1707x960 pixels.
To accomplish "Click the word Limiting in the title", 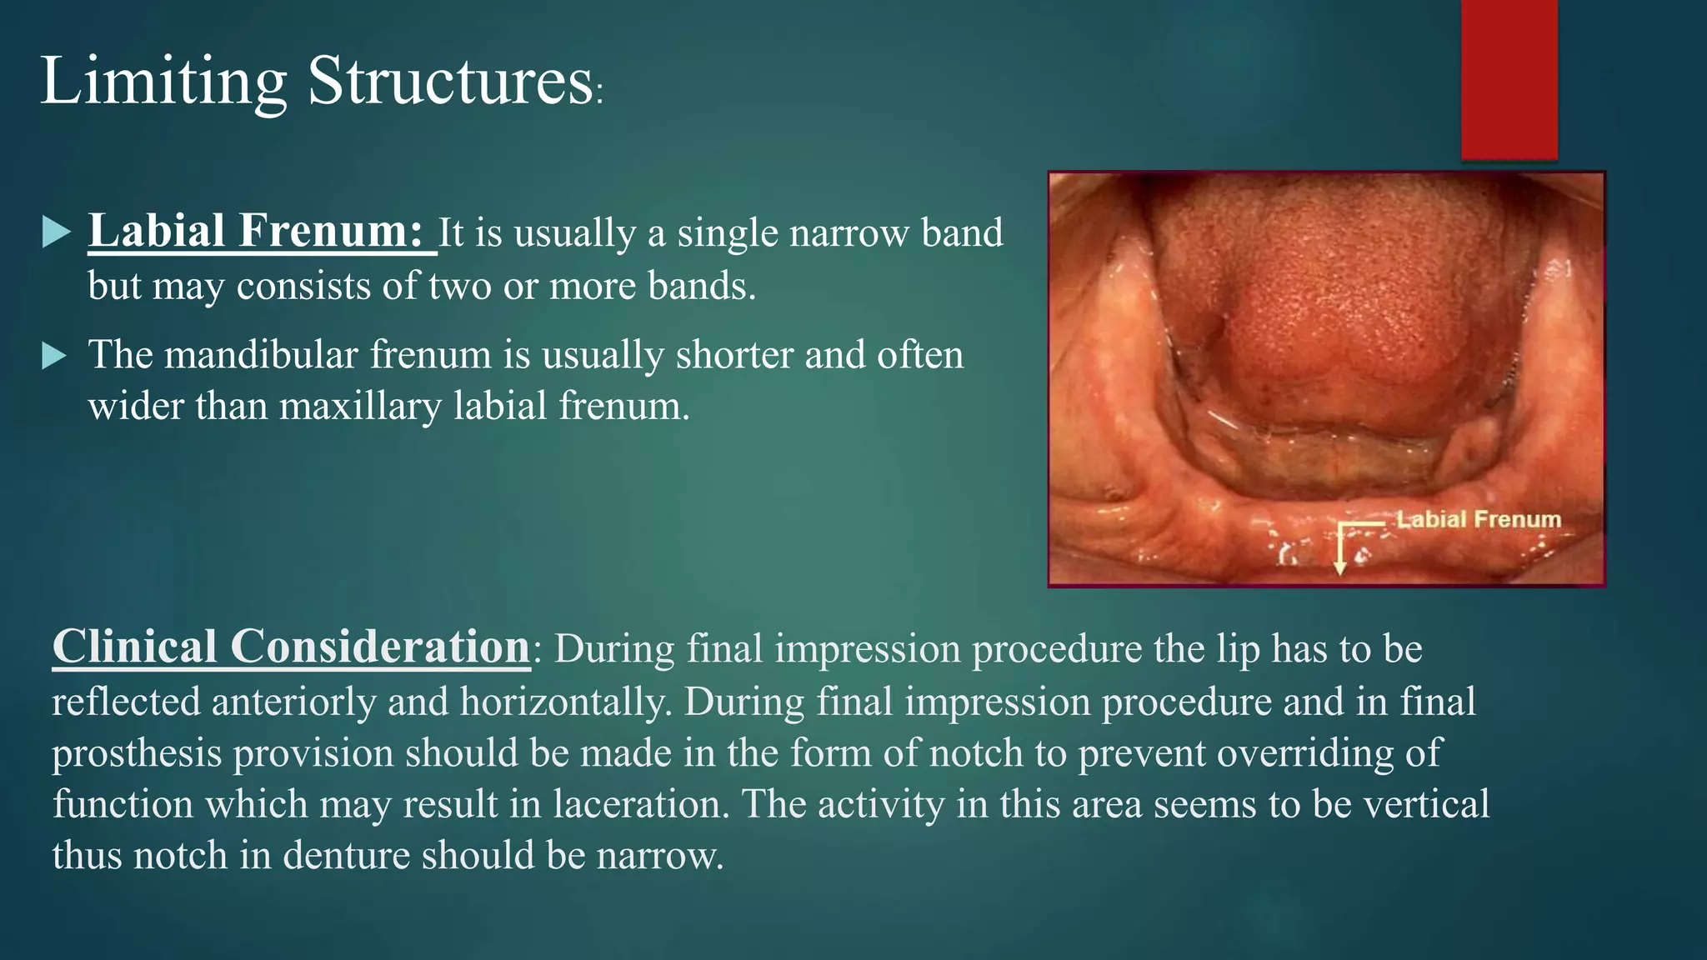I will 163,81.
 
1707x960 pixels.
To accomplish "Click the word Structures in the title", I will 450,81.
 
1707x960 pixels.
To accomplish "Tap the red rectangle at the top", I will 1509,79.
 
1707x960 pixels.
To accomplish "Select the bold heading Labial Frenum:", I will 258,231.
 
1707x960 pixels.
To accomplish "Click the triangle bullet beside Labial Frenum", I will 55,232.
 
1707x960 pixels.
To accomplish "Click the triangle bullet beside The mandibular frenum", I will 55,357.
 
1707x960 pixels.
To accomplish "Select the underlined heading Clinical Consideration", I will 292,647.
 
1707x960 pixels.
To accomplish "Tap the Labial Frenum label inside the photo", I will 1478,519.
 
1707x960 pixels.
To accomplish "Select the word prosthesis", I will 137,754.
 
